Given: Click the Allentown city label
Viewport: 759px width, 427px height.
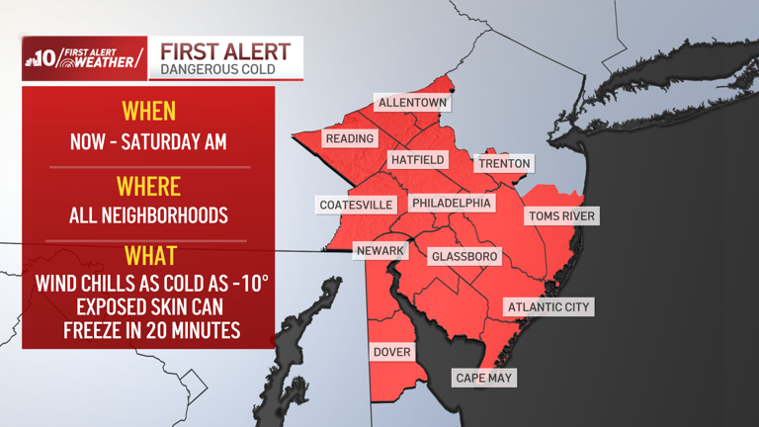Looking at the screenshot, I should click(412, 103).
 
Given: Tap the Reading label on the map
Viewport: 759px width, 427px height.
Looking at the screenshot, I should click(349, 138).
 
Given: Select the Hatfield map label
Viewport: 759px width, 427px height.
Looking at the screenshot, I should click(417, 159).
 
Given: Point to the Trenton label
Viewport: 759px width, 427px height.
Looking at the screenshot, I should click(504, 163).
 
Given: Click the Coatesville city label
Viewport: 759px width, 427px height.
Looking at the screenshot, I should click(357, 205).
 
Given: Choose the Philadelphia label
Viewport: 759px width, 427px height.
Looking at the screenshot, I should click(451, 203).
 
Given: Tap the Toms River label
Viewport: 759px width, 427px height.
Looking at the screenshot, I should click(561, 215).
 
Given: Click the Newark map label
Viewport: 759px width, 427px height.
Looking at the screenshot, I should click(380, 250).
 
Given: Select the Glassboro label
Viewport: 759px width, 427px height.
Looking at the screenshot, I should click(464, 256).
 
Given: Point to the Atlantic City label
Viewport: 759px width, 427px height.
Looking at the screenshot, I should click(548, 306).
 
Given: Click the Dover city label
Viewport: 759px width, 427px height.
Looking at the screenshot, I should click(391, 352).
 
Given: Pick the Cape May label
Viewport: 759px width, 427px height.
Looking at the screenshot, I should click(484, 378).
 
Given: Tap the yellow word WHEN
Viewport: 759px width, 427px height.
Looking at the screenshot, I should click(148, 110).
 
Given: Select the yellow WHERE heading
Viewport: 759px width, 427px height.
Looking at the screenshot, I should click(148, 186).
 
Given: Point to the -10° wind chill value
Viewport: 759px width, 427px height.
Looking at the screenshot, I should click(248, 284).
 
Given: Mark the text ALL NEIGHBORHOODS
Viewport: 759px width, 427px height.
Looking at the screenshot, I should click(148, 214).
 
